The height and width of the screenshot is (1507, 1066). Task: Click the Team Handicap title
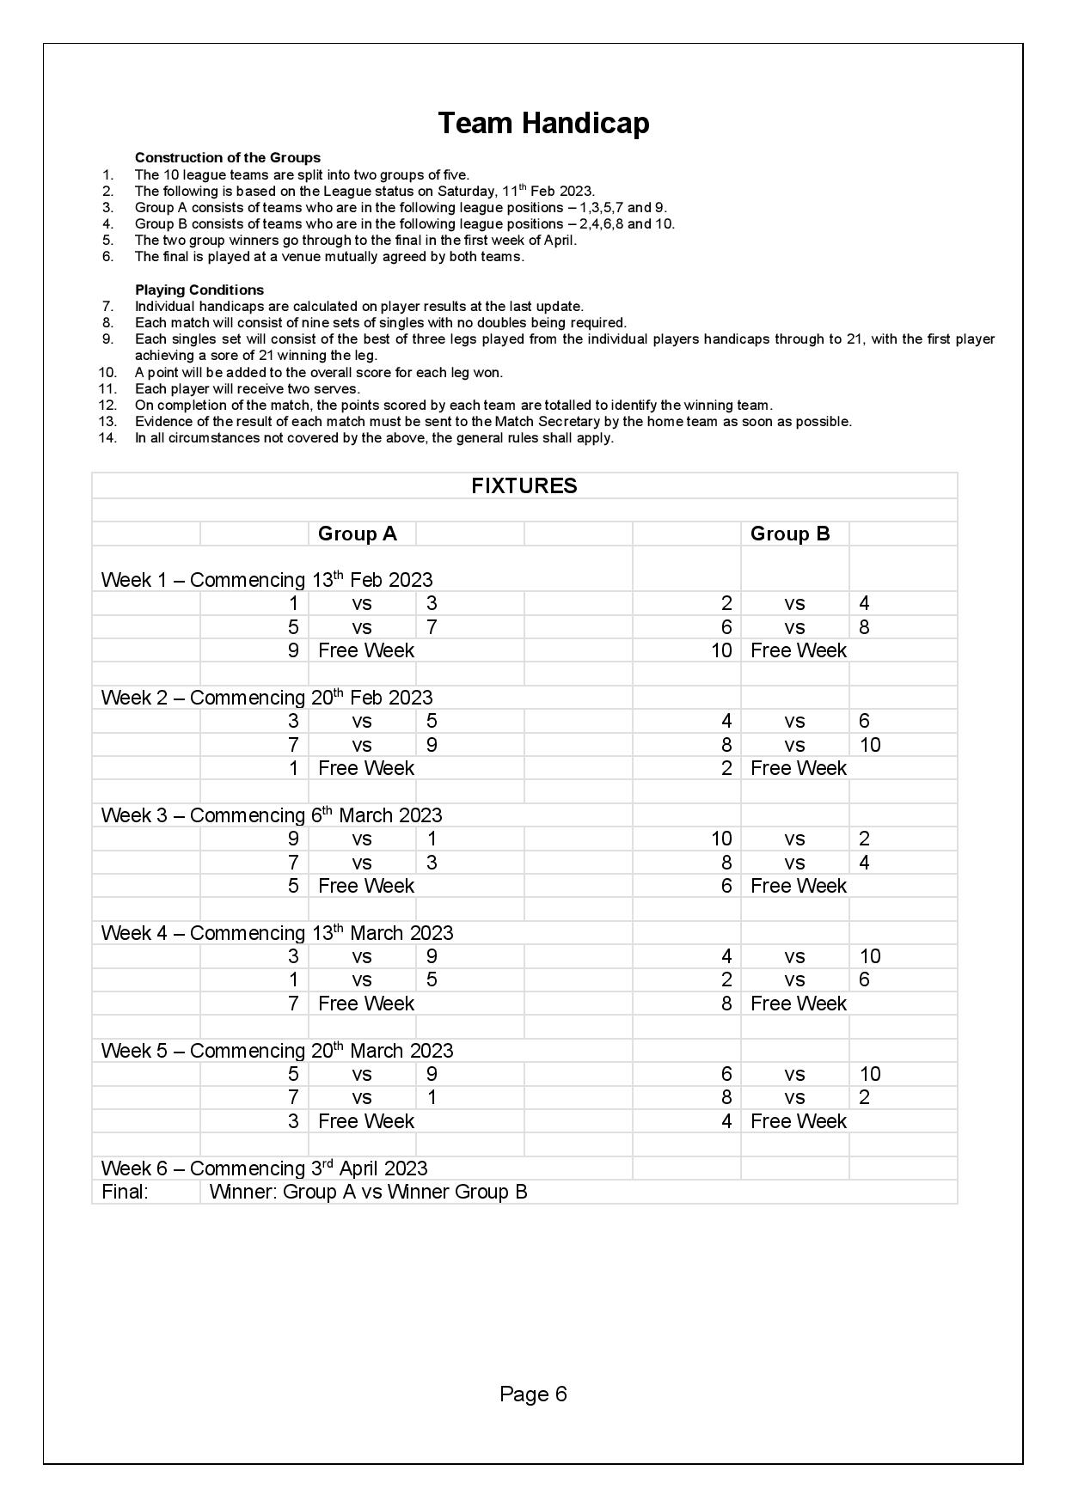pos(543,123)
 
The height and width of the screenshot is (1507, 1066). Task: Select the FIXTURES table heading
pos(524,485)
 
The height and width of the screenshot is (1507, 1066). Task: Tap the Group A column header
pos(357,534)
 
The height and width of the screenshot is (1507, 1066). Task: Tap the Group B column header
pos(789,534)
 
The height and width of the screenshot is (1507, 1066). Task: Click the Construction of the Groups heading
pos(227,157)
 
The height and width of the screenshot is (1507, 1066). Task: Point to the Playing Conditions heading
pos(199,290)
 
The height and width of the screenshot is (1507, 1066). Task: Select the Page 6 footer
pos(533,1394)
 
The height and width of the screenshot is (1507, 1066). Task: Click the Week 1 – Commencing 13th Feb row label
pos(266,580)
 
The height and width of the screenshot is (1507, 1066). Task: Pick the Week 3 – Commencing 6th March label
pos(271,815)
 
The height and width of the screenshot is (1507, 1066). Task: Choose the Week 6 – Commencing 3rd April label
pos(264,1168)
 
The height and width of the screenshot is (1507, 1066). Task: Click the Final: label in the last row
pos(125,1192)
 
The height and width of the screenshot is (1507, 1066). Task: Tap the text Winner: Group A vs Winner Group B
pos(368,1192)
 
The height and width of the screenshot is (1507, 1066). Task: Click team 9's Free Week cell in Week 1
pos(365,650)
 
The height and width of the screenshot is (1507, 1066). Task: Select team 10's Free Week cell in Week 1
pos(798,650)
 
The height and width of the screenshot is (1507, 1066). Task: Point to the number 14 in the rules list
pos(107,437)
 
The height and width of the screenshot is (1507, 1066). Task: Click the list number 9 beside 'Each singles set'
pos(108,339)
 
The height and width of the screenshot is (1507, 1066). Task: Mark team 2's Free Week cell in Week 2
pos(798,768)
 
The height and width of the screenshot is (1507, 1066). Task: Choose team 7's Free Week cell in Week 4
pos(365,1004)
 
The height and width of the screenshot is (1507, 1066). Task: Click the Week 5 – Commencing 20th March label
pos(277,1051)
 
